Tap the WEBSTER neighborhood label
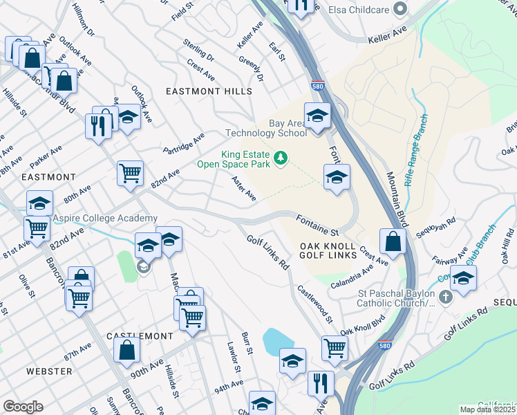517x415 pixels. [x=49, y=371]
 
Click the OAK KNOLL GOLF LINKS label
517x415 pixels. [x=328, y=251]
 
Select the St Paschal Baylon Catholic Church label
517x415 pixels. [x=396, y=297]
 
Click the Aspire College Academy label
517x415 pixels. [x=100, y=218]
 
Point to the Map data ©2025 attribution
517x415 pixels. [x=487, y=409]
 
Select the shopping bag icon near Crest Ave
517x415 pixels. [x=393, y=242]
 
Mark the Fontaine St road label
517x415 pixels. [x=317, y=223]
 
